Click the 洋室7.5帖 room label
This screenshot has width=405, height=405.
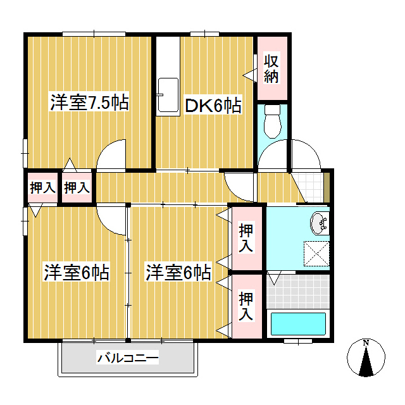89,103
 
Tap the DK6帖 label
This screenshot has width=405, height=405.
213,106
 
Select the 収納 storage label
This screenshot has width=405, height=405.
271,68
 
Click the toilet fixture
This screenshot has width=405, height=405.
272,121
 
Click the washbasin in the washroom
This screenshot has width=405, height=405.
320,223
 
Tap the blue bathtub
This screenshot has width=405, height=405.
298,323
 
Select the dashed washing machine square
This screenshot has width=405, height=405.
316,253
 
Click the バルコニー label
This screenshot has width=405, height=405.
128,358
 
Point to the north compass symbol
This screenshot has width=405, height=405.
366,357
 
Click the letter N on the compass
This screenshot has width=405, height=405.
366,343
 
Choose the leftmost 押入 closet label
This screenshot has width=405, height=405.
42,187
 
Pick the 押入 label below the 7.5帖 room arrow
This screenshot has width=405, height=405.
77,187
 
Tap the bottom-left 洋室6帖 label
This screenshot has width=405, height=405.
77,272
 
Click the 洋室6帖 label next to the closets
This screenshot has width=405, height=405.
178,272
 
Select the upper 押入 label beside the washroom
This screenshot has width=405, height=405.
246,238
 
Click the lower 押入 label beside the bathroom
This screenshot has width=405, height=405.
246,306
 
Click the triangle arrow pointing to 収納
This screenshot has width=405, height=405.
250,75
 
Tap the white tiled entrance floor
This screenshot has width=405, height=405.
309,188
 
